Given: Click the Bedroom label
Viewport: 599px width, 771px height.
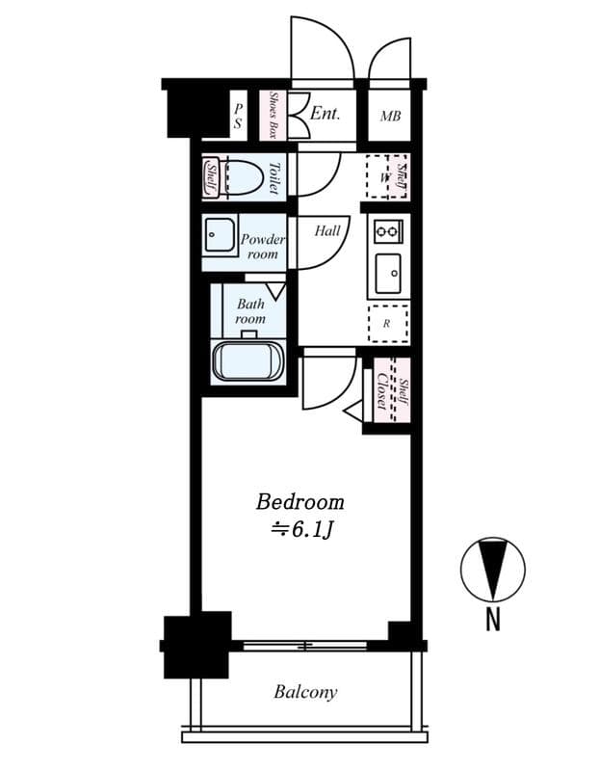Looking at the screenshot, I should [x=299, y=502].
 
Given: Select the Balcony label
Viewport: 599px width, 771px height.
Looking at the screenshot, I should [x=305, y=692].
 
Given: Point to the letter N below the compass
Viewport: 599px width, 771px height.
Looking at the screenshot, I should [x=492, y=622].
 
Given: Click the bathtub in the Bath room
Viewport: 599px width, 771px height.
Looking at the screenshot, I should [x=247, y=361].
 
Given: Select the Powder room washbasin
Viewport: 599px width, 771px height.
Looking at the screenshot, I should [x=221, y=236].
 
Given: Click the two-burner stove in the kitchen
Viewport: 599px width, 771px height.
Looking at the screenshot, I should [x=387, y=231].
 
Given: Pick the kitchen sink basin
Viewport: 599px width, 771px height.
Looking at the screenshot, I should [x=389, y=274].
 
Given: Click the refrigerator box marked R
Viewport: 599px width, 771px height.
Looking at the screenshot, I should [x=387, y=324].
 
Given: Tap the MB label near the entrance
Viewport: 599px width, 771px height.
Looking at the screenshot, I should [x=390, y=118].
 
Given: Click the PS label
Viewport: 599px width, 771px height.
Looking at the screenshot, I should [x=238, y=117].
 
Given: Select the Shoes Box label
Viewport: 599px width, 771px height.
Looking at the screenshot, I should [x=273, y=117].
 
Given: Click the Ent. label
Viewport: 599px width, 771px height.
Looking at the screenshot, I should [x=325, y=114].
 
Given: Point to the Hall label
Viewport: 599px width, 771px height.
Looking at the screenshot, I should [x=327, y=231].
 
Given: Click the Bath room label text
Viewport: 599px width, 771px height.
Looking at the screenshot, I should [x=250, y=311].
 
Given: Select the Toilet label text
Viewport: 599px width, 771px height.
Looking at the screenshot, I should [x=273, y=177].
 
